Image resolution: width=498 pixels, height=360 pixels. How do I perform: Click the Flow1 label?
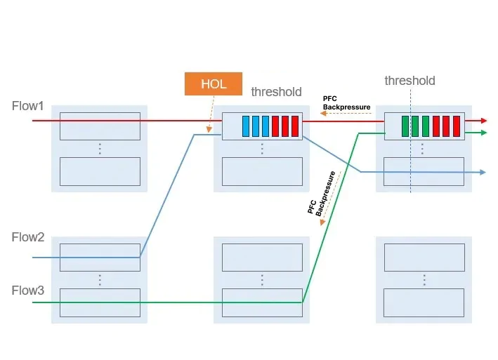pyautogui.click(x=28, y=106)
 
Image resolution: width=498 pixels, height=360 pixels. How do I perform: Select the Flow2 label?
pyautogui.click(x=28, y=237)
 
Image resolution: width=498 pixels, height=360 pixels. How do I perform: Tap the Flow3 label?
pyautogui.click(x=28, y=290)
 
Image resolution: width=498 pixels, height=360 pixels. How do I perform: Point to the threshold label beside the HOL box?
pyautogui.click(x=276, y=92)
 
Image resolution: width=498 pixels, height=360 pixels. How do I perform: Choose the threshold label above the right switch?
pyautogui.click(x=409, y=81)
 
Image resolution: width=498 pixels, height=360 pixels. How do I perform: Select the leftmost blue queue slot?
pyautogui.click(x=247, y=126)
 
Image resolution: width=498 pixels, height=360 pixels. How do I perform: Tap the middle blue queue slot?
pyautogui.click(x=256, y=126)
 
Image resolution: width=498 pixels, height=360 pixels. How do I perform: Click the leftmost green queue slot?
pyautogui.click(x=405, y=126)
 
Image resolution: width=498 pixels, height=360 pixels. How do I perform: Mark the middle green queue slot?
pyautogui.click(x=415, y=126)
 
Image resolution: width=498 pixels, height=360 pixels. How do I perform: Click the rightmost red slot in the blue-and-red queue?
pyautogui.click(x=295, y=126)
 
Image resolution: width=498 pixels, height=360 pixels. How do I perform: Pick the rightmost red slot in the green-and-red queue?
pyautogui.click(x=456, y=126)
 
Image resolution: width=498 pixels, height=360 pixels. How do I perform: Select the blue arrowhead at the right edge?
pyautogui.click(x=483, y=172)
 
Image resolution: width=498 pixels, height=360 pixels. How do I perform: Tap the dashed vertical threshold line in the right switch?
pyautogui.click(x=411, y=161)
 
